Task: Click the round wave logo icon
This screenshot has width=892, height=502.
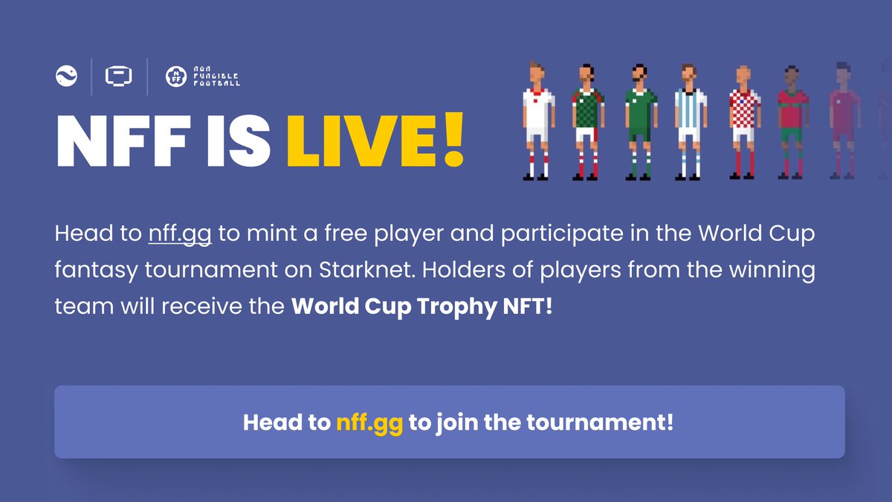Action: click(67, 76)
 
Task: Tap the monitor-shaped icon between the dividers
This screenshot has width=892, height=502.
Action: click(119, 76)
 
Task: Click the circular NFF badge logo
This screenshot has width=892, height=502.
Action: click(175, 76)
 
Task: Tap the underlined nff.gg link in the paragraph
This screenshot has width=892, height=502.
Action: click(180, 234)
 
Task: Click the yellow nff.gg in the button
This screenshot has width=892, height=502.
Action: click(369, 422)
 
